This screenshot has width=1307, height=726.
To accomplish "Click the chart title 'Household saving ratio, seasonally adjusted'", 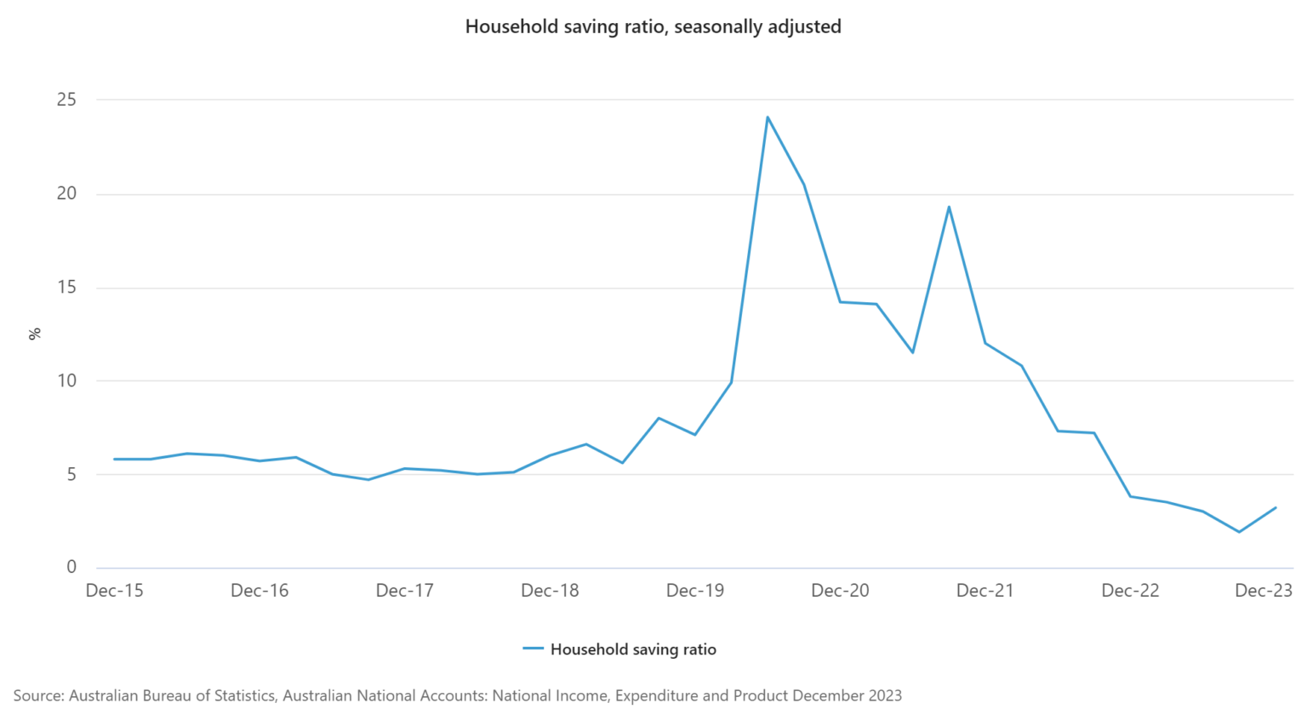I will click(653, 26).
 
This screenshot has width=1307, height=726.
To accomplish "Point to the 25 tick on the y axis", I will click(66, 100).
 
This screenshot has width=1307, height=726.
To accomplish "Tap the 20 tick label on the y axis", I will click(66, 193).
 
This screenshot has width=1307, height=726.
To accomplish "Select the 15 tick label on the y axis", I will click(66, 287).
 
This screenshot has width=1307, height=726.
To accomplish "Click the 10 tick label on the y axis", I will click(66, 380).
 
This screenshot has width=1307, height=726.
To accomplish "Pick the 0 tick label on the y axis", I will click(71, 567).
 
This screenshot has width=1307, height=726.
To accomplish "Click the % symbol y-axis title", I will click(35, 334).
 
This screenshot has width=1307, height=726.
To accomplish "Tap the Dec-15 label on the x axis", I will click(115, 591).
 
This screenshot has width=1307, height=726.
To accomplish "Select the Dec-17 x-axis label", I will click(405, 591).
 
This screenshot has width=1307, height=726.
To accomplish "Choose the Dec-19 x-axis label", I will click(695, 591).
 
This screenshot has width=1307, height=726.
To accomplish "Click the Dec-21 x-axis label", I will click(985, 591).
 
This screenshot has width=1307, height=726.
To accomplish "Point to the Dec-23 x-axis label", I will click(1264, 591).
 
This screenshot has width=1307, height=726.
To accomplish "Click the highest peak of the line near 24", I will click(768, 117).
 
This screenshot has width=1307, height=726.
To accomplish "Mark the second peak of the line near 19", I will click(949, 207).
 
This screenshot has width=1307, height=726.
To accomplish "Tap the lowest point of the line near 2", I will click(1239, 532).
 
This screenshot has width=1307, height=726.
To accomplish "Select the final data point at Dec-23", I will click(1276, 508).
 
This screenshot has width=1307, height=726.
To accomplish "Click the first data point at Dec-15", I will click(115, 459).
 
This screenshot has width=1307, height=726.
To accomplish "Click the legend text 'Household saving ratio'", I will click(633, 649).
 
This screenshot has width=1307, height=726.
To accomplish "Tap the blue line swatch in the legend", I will click(533, 649).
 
